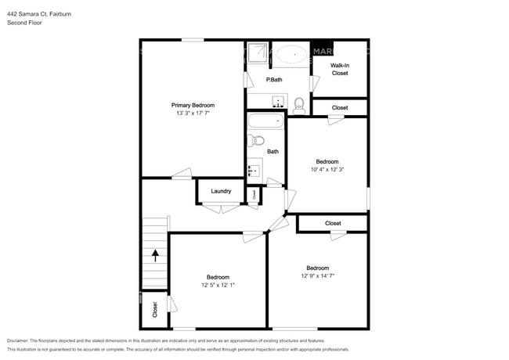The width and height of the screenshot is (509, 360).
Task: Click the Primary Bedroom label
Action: pos(193,105)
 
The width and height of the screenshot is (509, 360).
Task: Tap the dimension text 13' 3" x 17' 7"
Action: pos(193,113)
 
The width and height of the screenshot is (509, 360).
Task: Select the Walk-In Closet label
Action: pos(339,69)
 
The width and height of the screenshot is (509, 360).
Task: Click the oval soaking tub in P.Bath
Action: pos(291,55)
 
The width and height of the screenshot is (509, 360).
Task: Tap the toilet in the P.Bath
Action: pos(299,103)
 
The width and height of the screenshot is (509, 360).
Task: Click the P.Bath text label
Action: pos(274,80)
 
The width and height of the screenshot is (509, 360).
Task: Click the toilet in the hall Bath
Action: pos(254,141)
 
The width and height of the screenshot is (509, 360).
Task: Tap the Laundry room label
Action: pos(220,191)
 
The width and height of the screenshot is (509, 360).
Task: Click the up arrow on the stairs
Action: pos(156,254)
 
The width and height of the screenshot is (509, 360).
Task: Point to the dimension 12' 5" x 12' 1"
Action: pos(218,285)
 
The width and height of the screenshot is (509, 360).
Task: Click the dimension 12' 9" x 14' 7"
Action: pos(317,275)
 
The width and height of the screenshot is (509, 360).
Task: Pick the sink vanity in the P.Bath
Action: pos(277,101)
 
